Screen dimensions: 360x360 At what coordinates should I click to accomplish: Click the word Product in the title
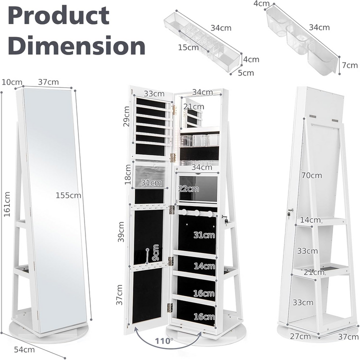pyautogui.click(x=58, y=16)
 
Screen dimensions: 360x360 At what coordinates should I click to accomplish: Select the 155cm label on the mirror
pyautogui.click(x=68, y=195)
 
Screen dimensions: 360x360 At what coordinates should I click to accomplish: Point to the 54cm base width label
pyautogui.click(x=21, y=348)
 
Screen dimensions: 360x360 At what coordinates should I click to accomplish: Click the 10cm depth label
pyautogui.click(x=12, y=81)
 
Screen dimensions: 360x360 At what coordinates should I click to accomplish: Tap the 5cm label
pyautogui.click(x=245, y=72)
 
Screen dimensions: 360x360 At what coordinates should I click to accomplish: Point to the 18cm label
pyautogui.click(x=128, y=176)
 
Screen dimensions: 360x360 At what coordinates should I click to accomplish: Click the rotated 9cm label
pyautogui.click(x=155, y=253)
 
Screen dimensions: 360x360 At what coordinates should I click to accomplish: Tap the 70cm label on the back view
pyautogui.click(x=312, y=175)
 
